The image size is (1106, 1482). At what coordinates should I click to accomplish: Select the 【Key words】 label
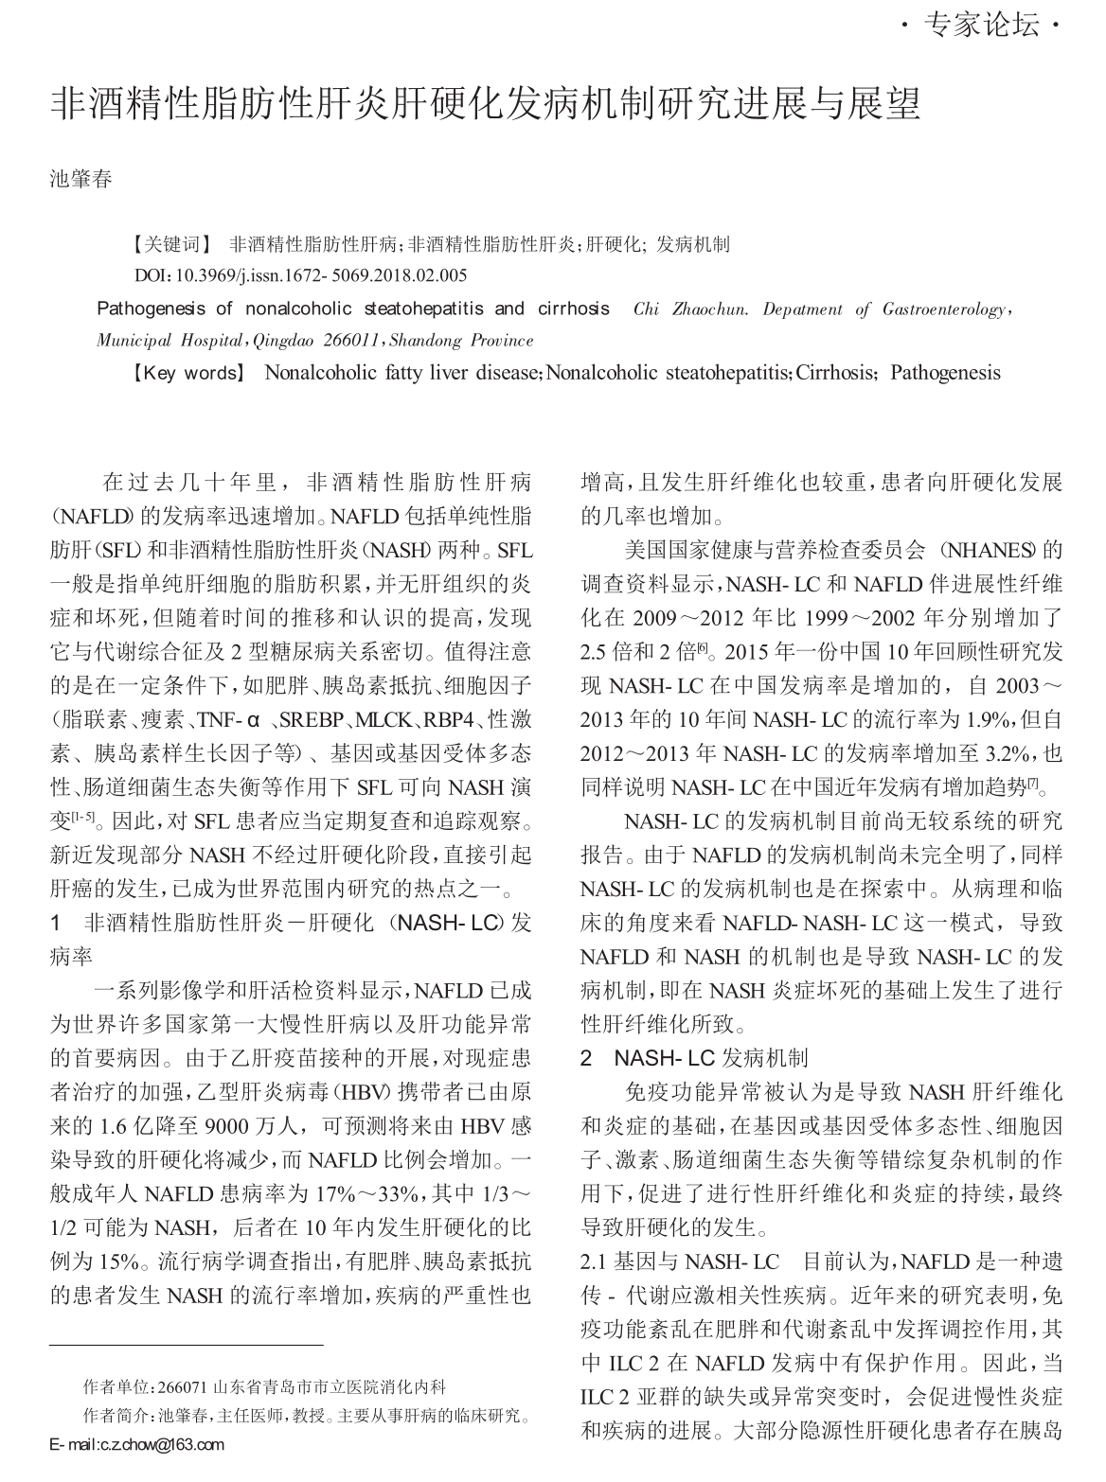187,373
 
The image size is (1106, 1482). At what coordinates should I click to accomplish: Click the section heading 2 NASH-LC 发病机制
694,1058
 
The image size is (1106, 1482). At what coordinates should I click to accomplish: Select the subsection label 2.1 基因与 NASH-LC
679,1261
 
